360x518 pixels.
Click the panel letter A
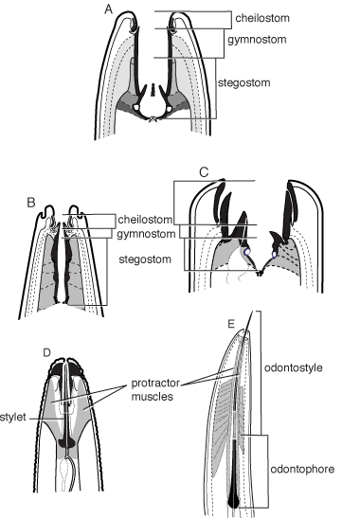click(x=108, y=9)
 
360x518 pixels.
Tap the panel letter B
click(x=31, y=202)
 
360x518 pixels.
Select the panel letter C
click(x=205, y=172)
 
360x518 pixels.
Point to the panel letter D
click(x=46, y=353)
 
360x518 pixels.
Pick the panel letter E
click(x=231, y=324)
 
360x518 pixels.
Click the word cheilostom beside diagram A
click(x=262, y=18)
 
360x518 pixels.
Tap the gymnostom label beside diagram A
click(x=257, y=40)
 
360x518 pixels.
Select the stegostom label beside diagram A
click(x=244, y=82)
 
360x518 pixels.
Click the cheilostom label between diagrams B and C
click(x=145, y=220)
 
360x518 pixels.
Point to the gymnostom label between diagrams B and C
click(x=146, y=234)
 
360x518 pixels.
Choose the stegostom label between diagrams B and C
click(x=145, y=259)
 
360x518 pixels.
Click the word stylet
click(x=13, y=418)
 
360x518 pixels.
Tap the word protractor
click(x=155, y=384)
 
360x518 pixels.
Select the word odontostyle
click(x=294, y=367)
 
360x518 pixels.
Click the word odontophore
click(x=302, y=469)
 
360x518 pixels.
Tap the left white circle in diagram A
click(x=136, y=107)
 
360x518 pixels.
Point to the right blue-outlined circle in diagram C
click(x=275, y=255)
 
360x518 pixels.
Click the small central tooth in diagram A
click(x=153, y=90)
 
